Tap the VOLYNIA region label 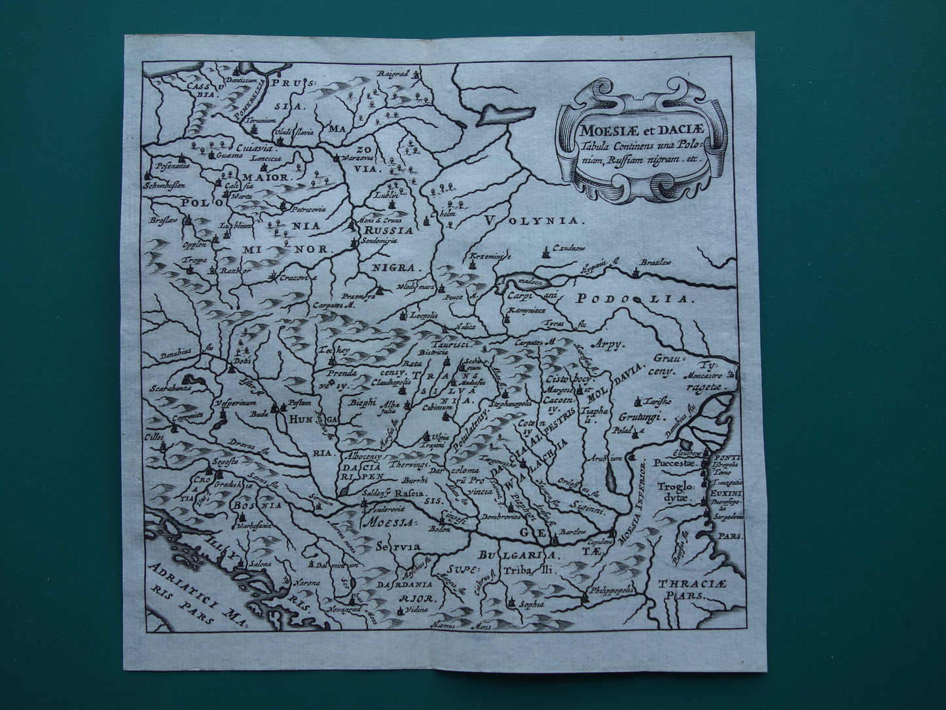pyautogui.click(x=534, y=221)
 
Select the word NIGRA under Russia pyautogui.click(x=395, y=267)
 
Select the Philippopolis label pyautogui.click(x=609, y=589)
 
